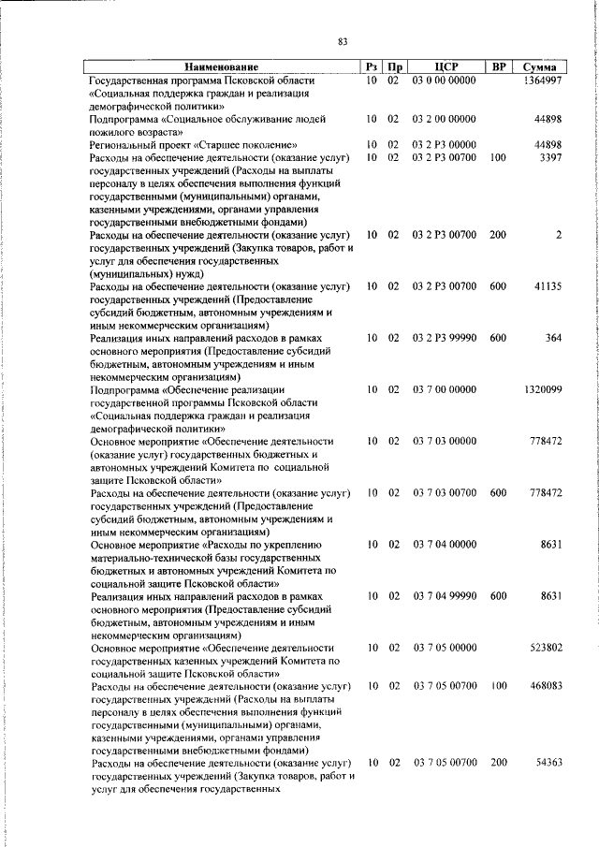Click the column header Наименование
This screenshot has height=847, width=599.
[221, 67]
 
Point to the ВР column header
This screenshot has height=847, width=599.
[498, 67]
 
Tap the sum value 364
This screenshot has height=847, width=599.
[551, 337]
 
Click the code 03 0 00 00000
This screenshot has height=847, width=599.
[444, 81]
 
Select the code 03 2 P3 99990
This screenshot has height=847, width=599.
[444, 337]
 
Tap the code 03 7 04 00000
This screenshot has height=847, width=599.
[444, 544]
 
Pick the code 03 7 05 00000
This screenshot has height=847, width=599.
[444, 647]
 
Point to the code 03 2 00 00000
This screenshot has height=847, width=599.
[444, 120]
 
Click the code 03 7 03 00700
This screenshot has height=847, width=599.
[444, 491]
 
